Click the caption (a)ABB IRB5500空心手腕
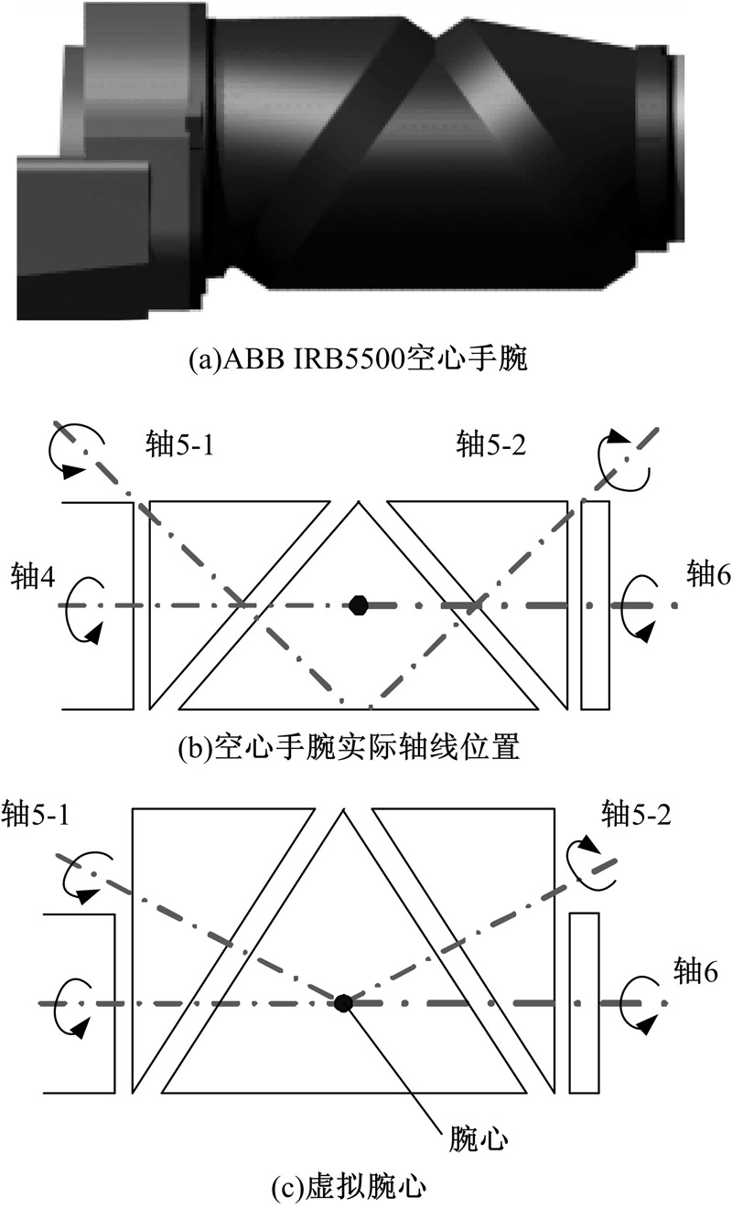[358, 359]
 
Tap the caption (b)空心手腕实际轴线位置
[349, 747]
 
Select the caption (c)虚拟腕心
[349, 1187]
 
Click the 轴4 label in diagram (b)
[32, 578]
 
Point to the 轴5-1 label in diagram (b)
[179, 445]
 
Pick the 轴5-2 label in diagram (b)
[490, 445]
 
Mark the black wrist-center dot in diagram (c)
[343, 1003]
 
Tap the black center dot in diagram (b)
[358, 605]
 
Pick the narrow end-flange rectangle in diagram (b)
[596, 605]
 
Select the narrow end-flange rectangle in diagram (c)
[584, 1003]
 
